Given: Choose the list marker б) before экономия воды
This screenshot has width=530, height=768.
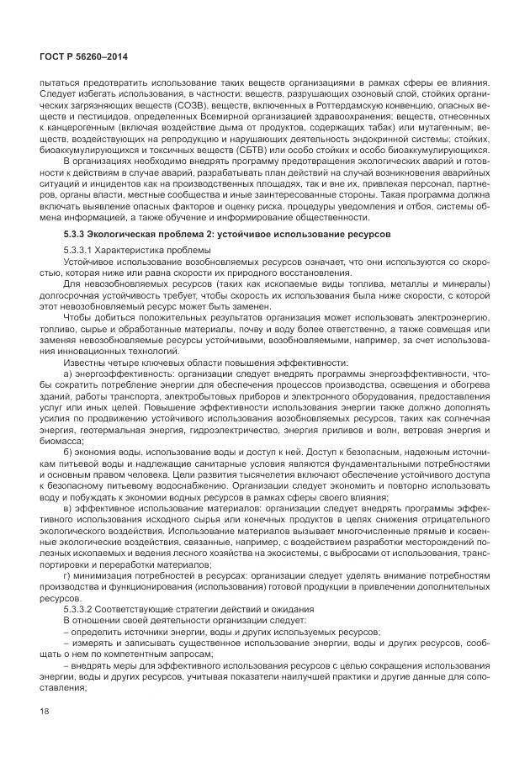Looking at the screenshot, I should [68, 452].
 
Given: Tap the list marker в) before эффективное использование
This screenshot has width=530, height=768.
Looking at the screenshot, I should [68, 509].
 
